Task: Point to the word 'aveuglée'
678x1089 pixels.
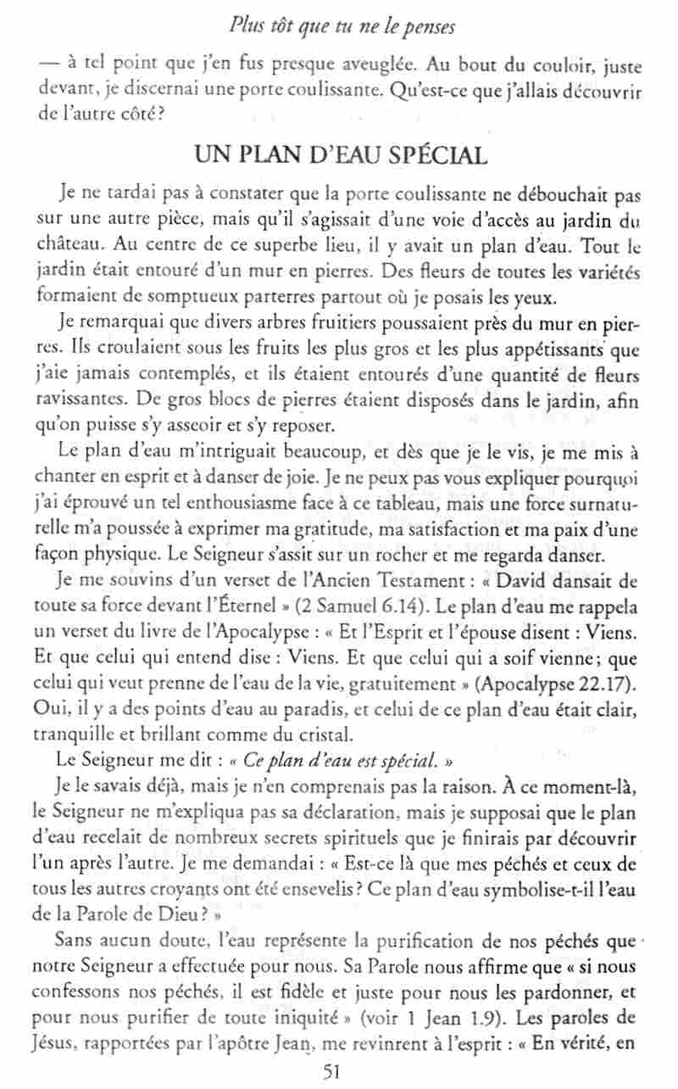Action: [x=378, y=64]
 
